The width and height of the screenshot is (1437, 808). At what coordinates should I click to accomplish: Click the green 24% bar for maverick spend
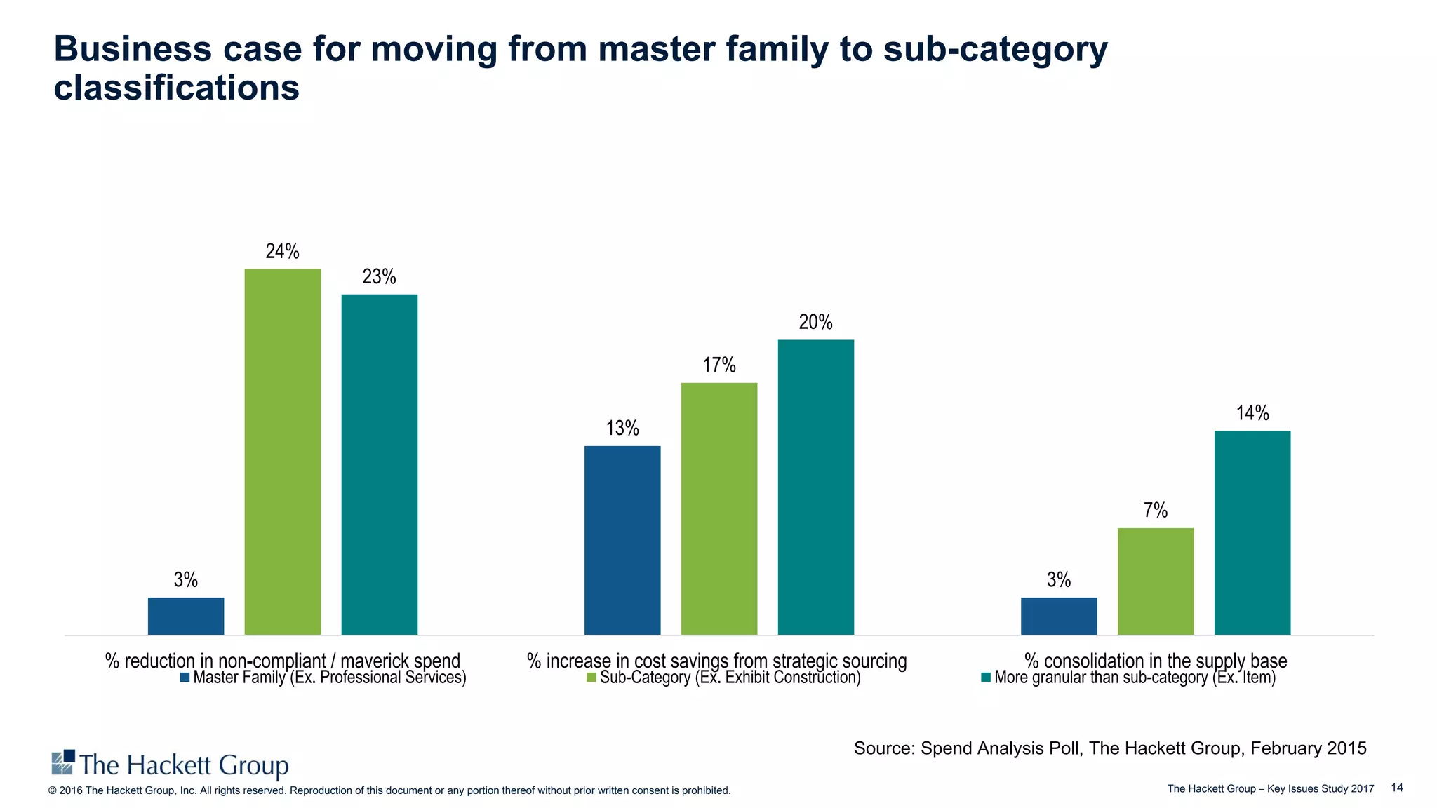(x=282, y=452)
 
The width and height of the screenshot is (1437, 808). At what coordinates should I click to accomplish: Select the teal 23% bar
(x=379, y=464)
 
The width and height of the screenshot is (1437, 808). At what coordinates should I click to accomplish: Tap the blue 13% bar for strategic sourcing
(x=622, y=540)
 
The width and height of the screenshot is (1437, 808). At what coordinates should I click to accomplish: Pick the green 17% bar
(x=718, y=509)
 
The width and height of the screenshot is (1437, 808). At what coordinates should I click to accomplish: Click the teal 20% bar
(x=815, y=487)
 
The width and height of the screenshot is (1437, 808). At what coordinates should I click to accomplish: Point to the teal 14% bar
(x=1252, y=532)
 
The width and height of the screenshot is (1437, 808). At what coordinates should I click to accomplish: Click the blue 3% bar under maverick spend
(x=185, y=616)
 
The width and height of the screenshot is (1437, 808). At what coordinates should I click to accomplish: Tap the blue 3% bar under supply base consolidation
(x=1058, y=616)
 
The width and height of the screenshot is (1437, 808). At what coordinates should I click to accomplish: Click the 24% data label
(x=282, y=251)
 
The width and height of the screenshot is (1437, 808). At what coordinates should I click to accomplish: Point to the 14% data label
(x=1252, y=413)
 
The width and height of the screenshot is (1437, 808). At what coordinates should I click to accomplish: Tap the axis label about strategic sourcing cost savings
(x=716, y=660)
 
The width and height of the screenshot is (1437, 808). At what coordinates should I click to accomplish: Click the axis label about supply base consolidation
(x=1155, y=660)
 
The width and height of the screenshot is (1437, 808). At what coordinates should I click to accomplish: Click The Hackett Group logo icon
(x=63, y=762)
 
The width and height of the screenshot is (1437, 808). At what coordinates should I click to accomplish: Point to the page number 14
(x=1396, y=788)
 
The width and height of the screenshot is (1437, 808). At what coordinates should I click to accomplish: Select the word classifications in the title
(x=176, y=88)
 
